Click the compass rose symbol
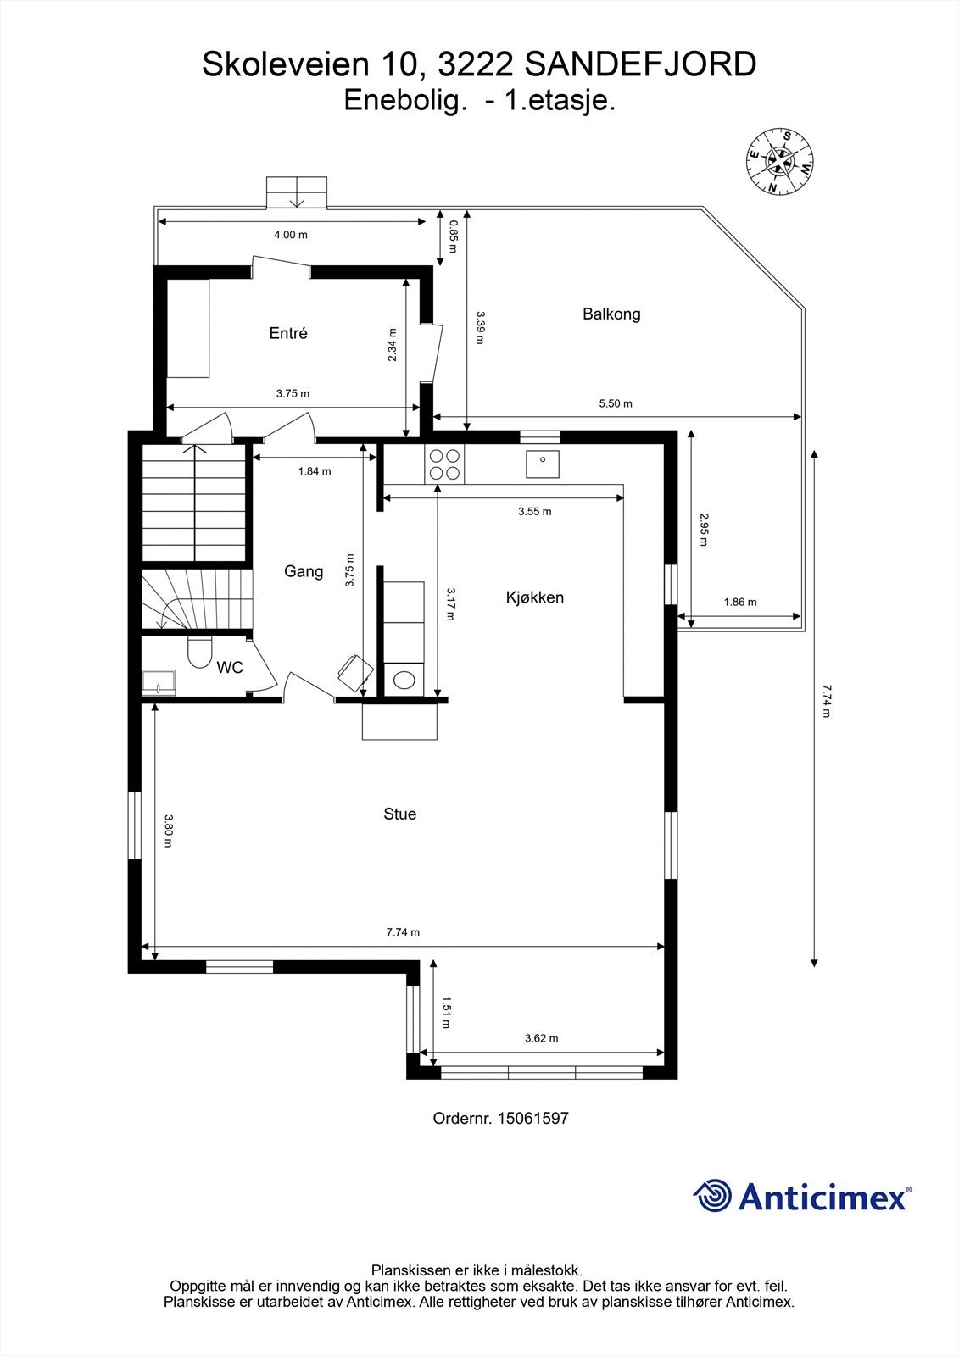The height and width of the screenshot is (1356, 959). pos(780,161)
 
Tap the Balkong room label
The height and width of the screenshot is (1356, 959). pos(611,314)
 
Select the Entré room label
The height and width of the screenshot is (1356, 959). pos(288,333)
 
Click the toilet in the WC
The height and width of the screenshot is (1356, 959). pos(200,652)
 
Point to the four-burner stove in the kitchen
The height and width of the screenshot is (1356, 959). pos(444,464)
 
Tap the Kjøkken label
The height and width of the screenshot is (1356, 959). pos(534,597)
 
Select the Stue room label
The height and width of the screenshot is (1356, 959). pos(399,814)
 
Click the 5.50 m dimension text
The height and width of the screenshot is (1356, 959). pos(616,403)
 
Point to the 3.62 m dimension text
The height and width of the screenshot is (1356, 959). pos(541,1038)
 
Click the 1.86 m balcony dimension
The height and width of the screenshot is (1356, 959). pos(739,603)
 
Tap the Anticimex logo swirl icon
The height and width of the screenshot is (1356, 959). pos(713,1197)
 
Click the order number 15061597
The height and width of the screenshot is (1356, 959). pos(532,1118)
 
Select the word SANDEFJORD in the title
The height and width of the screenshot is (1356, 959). pos(640,65)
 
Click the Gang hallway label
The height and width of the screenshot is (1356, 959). pos(304,571)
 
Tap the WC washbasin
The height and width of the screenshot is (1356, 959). pos(159,681)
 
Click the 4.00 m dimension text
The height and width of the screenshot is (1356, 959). pos(290,235)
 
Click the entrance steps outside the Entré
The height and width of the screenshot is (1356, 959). pos(297,192)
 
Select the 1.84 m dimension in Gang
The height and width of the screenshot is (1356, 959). pos(314,471)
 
